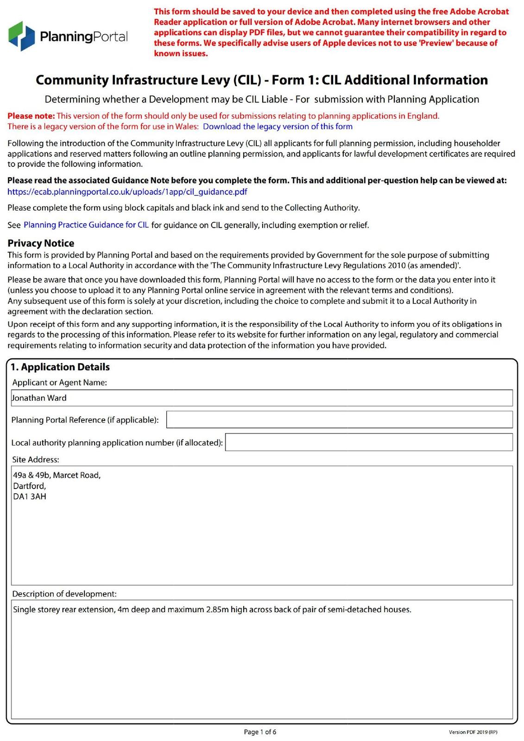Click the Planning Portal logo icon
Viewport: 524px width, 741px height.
pos(22,36)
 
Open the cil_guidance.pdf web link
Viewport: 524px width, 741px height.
pos(127,192)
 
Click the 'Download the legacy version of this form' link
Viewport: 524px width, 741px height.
pos(278,126)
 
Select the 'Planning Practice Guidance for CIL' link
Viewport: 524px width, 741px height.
pos(86,225)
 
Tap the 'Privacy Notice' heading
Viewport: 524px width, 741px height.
pos(41,243)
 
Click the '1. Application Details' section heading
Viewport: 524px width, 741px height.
pos(60,367)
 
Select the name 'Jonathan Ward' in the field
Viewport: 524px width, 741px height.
pos(39,398)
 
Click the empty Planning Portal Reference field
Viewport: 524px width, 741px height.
pos(339,420)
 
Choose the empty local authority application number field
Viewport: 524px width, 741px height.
pos(369,442)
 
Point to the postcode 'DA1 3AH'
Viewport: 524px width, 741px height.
pos(30,497)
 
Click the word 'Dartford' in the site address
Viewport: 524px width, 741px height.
pos(29,486)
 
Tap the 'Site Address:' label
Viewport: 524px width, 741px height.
pos(36,459)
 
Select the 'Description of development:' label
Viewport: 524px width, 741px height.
pos(64,594)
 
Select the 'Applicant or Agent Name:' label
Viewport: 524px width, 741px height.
pos(59,383)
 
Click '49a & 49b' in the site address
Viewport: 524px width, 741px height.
pos(32,475)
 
